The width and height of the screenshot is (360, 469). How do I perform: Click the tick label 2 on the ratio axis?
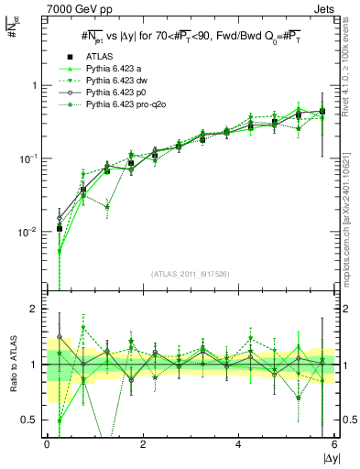pyautogui.click(x=36, y=309)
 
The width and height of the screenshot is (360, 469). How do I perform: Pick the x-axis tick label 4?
pyautogui.click(x=239, y=445)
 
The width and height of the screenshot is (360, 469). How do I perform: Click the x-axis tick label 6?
pyautogui.click(x=335, y=445)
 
